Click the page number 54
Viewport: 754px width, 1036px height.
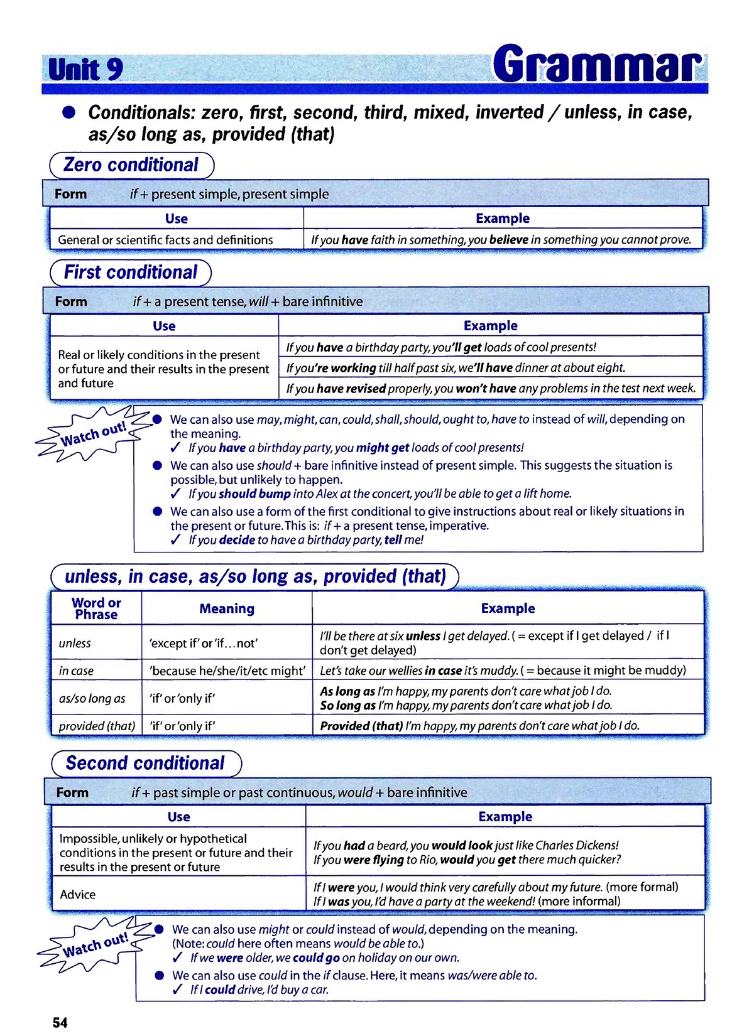(60, 1022)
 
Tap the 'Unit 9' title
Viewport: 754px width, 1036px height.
(85, 69)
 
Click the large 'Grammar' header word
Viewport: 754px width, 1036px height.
(596, 64)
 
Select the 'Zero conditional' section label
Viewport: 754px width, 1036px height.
(131, 165)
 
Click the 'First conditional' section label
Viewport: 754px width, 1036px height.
(131, 272)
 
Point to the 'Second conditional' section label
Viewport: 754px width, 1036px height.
(145, 764)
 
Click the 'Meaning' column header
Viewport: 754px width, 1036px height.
(227, 608)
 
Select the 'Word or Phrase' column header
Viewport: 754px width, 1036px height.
(96, 608)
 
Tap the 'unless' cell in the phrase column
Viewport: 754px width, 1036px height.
(75, 643)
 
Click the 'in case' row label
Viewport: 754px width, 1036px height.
(76, 671)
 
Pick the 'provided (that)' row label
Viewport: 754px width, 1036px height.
(97, 726)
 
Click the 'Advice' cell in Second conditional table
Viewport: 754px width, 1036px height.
(78, 894)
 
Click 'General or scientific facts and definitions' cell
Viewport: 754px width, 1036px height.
(165, 240)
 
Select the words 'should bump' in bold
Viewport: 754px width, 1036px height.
(254, 494)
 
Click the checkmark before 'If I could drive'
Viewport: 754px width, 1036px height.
(178, 990)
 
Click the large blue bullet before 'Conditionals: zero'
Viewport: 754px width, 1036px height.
(68, 112)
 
